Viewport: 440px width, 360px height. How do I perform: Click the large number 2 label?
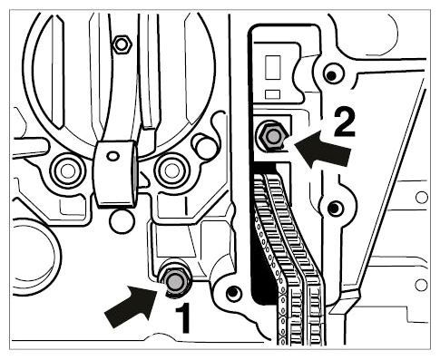click(345, 123)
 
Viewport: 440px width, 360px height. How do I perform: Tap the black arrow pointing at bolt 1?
click(131, 306)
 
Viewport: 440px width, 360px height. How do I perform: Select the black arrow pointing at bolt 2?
click(324, 149)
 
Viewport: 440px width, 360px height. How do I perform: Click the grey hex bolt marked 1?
click(175, 281)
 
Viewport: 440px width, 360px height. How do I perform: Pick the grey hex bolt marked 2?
click(273, 137)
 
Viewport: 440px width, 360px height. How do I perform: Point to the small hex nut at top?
click(122, 45)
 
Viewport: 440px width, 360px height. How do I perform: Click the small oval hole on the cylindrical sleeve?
click(113, 156)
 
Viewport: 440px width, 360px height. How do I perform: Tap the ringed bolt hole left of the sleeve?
click(67, 170)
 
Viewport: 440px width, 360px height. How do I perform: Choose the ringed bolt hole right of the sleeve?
click(171, 170)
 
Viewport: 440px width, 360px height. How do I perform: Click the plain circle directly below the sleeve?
click(122, 221)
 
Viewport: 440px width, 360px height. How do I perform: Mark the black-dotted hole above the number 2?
click(332, 74)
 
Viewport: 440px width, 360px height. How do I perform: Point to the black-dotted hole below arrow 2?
click(335, 208)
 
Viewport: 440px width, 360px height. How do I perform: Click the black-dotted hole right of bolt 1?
click(233, 292)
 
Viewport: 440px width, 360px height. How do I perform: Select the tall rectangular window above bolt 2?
click(273, 67)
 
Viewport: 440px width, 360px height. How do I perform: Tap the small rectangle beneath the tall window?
click(272, 94)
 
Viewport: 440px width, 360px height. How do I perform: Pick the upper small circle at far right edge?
click(422, 198)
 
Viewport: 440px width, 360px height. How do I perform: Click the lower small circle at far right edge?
click(422, 285)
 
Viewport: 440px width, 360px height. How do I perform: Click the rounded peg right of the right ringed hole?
click(206, 146)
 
